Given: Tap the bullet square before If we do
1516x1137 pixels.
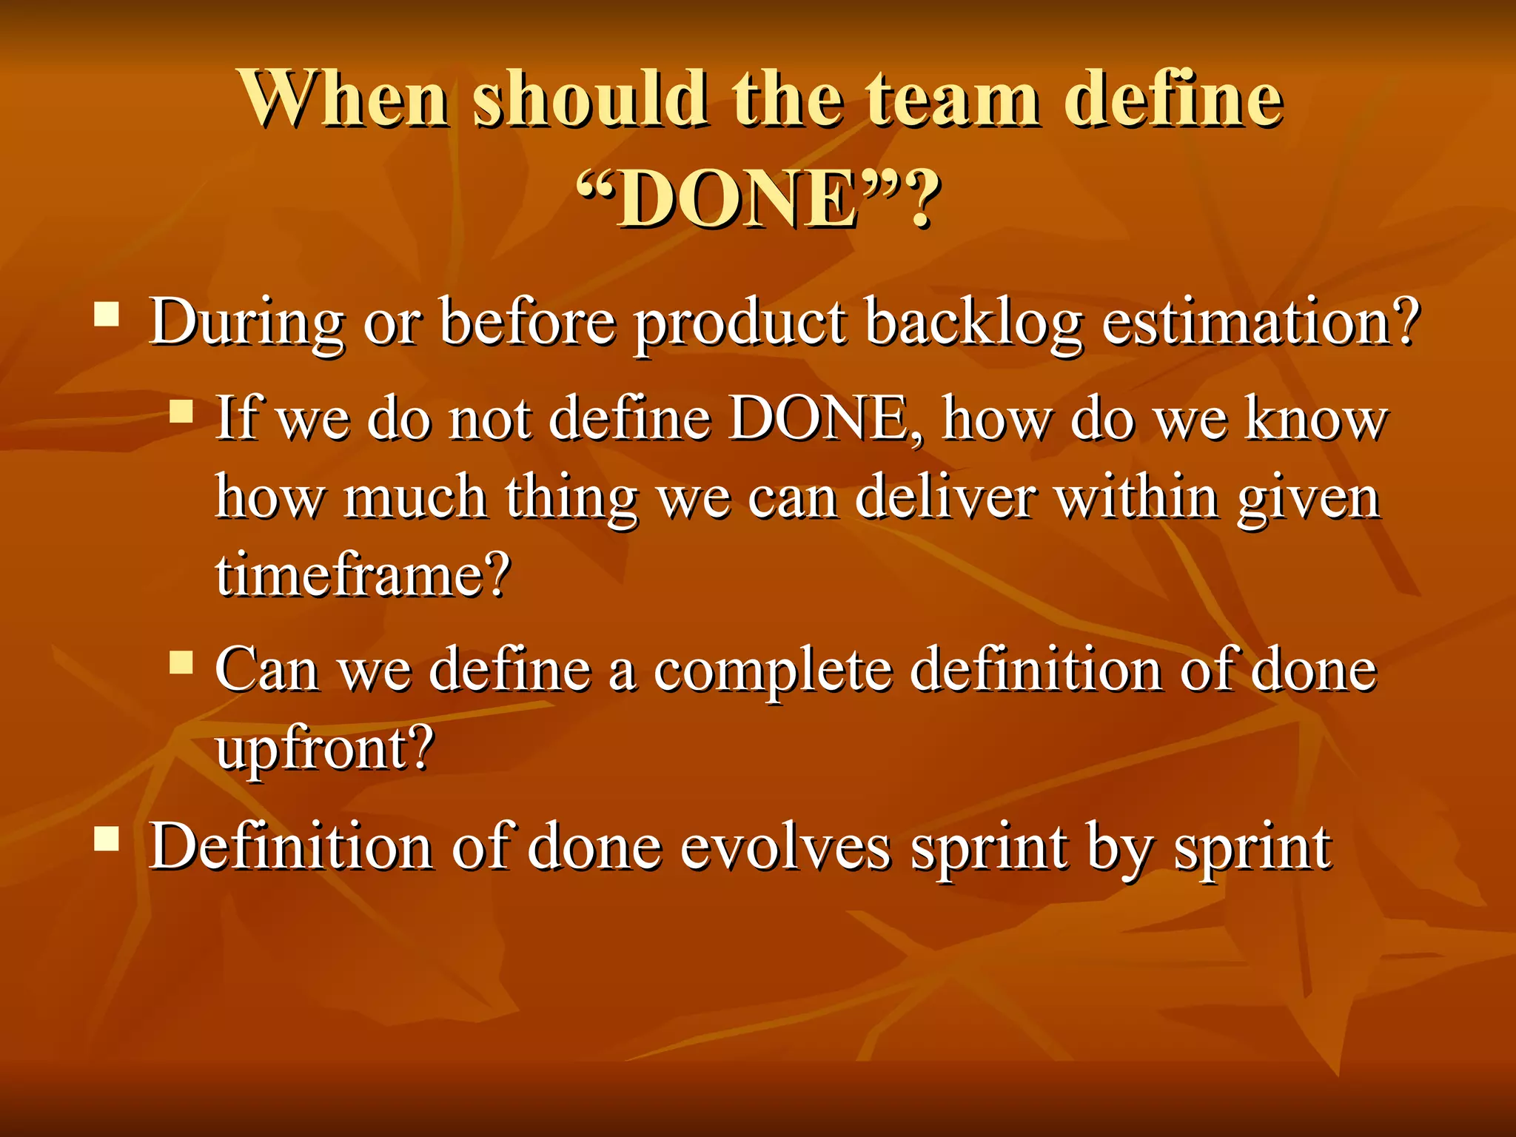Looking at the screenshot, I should pos(181,411).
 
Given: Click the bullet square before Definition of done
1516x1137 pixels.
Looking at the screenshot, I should pos(107,839).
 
